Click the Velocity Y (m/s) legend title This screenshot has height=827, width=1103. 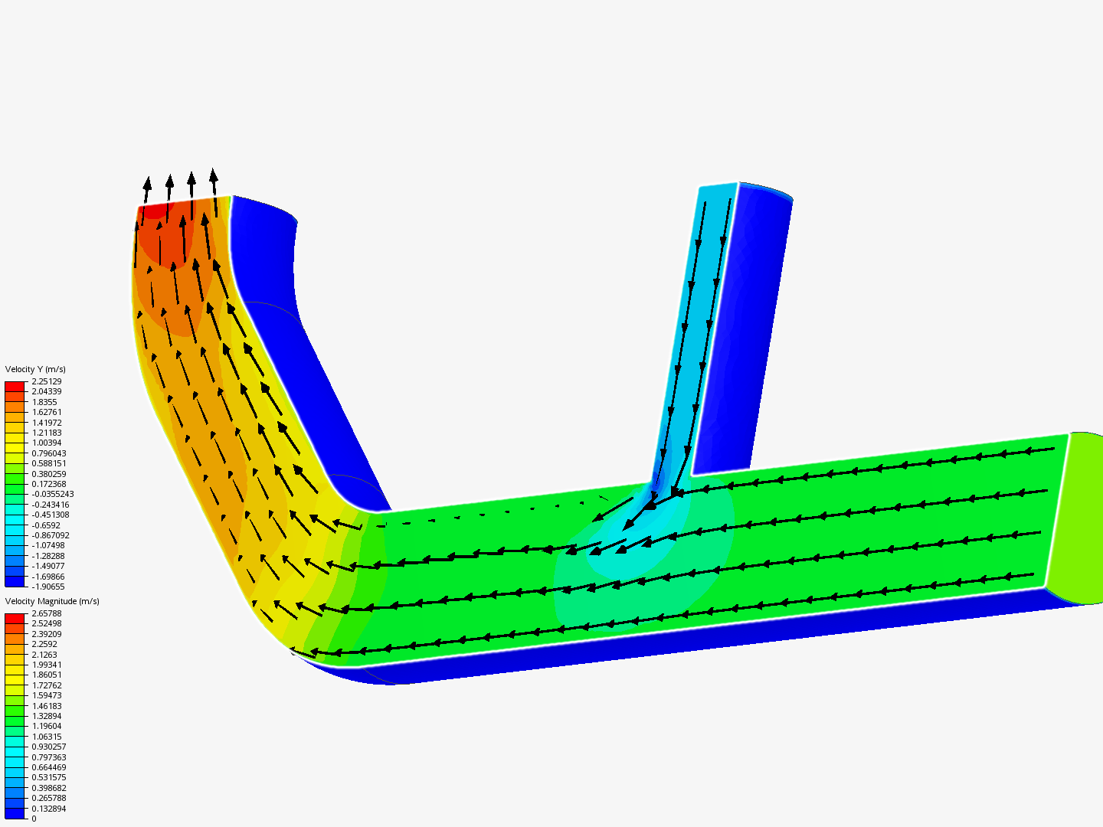click(x=35, y=369)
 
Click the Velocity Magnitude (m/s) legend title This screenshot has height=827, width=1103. click(x=52, y=601)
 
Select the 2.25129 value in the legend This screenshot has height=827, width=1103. click(x=47, y=381)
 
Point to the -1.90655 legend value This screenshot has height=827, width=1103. click(x=48, y=587)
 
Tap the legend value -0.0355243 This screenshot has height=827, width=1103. click(x=53, y=494)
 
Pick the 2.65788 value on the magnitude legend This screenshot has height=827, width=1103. click(x=47, y=613)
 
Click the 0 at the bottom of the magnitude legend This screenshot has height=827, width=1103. click(x=34, y=819)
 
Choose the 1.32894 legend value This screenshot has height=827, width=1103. click(x=47, y=716)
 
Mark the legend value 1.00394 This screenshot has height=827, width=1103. click(x=47, y=443)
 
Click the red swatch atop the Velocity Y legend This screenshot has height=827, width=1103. click(x=15, y=387)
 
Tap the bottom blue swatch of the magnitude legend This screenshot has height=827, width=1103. click(x=15, y=813)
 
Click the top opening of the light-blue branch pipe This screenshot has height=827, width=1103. click(x=718, y=186)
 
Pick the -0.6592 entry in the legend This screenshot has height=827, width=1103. click(x=46, y=525)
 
